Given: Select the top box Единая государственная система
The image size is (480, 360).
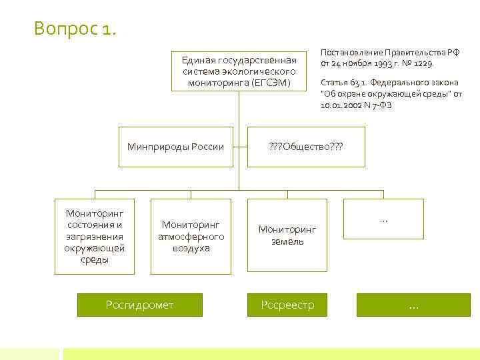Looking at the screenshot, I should pos(239,71).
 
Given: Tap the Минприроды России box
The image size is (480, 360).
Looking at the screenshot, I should pos(176,147).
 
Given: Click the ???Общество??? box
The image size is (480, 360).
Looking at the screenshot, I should pos(306,147).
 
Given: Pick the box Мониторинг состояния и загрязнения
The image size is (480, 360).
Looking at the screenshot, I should pos(95,236).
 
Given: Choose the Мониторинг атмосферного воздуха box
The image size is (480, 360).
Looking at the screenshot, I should pos(191,237).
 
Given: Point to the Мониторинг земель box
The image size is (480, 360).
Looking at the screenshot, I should pos(287,235).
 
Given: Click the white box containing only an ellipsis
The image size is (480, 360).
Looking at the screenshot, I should pos(383,219).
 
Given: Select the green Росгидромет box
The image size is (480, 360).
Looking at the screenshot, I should pos(139,305).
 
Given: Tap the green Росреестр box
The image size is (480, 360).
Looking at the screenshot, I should pos(287,305).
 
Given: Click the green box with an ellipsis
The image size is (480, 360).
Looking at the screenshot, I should pos(413,305).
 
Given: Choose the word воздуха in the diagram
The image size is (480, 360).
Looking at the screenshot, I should pos(191,248).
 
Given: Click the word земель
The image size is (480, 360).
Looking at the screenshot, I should pos(287,241).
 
